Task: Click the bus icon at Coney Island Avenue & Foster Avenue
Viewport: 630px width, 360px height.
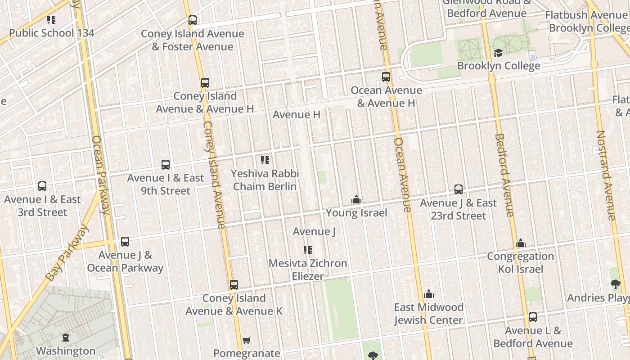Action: click(x=193, y=20)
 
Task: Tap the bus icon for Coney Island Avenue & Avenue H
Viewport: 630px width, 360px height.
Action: click(x=205, y=83)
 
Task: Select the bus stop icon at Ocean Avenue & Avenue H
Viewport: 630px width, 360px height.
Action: click(x=386, y=77)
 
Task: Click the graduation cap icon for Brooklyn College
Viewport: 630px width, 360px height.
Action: click(x=498, y=53)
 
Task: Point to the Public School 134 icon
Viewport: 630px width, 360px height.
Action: click(x=51, y=20)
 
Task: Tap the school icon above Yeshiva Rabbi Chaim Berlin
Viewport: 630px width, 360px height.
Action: click(x=265, y=160)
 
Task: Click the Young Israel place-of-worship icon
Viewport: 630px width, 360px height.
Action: click(x=356, y=199)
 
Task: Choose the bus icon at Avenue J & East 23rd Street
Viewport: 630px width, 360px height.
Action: click(x=459, y=189)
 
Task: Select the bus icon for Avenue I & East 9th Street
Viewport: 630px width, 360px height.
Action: click(x=166, y=165)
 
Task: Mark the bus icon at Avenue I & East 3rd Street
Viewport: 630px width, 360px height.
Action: click(x=42, y=186)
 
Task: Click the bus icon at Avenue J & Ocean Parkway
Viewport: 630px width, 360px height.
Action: click(x=125, y=242)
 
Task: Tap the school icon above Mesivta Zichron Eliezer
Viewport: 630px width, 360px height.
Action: click(x=308, y=250)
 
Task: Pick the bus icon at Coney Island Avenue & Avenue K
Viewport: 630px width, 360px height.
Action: click(x=234, y=285)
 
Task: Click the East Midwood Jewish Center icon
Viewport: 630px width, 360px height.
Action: click(x=429, y=294)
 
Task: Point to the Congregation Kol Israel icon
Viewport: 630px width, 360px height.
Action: click(x=521, y=243)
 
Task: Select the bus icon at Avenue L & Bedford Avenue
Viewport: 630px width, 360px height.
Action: click(x=533, y=317)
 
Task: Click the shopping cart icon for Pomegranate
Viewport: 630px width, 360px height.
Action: click(x=246, y=341)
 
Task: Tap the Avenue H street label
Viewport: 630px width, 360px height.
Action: click(x=297, y=115)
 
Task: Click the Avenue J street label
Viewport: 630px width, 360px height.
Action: click(x=314, y=232)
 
